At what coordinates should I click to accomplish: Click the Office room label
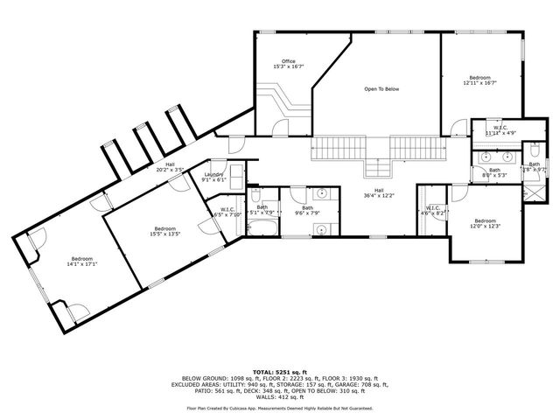click(289, 64)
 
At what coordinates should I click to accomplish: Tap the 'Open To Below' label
click(381, 89)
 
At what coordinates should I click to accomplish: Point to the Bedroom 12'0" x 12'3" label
click(485, 223)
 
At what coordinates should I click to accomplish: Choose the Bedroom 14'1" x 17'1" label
click(82, 262)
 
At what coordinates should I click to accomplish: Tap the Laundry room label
click(214, 177)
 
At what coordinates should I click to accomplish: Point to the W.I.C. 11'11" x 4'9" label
click(500, 130)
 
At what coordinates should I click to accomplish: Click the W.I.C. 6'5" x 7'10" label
click(226, 212)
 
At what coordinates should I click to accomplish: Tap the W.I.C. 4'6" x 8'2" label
click(434, 210)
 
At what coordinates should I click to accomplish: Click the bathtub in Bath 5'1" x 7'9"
click(261, 229)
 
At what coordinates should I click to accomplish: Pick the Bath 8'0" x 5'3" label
click(494, 172)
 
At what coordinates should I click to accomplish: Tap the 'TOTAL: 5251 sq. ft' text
click(279, 372)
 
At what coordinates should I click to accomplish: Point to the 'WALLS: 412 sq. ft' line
click(279, 396)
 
